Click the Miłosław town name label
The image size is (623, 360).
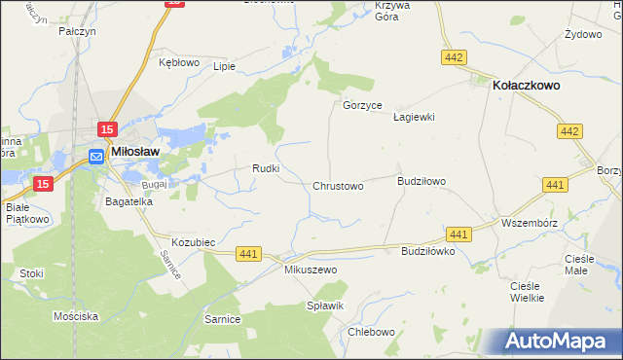tap(135, 152)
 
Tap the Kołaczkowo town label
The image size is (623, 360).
tap(526, 86)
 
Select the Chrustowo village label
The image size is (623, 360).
tap(338, 186)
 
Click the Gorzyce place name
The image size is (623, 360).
tap(362, 105)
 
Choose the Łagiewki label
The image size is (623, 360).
tap(413, 117)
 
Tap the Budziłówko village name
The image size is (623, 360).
tap(428, 251)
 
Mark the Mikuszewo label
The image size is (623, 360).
tap(310, 270)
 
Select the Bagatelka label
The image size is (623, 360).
tap(129, 201)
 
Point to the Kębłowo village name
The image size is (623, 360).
tap(178, 62)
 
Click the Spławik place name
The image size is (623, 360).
tap(327, 306)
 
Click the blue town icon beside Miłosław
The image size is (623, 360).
tap(96, 157)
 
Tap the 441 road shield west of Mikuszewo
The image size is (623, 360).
tap(248, 254)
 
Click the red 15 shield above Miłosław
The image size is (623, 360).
tap(107, 130)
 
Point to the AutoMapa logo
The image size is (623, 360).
tap(556, 341)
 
